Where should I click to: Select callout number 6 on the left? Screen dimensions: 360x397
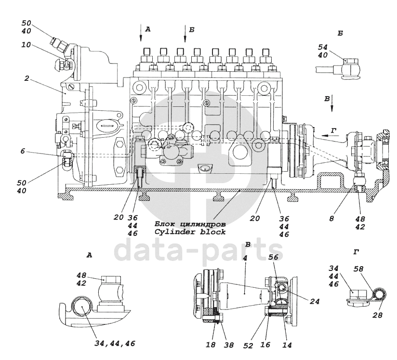tap(22, 151)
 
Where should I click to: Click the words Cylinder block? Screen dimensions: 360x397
tap(190, 232)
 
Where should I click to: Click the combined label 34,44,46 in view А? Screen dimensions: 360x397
tap(115, 343)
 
